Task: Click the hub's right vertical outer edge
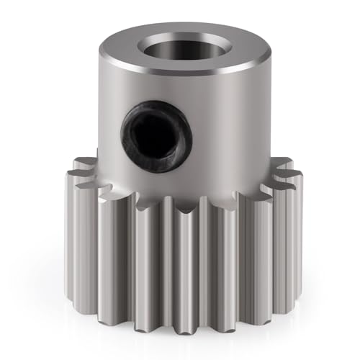pos(264,108)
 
